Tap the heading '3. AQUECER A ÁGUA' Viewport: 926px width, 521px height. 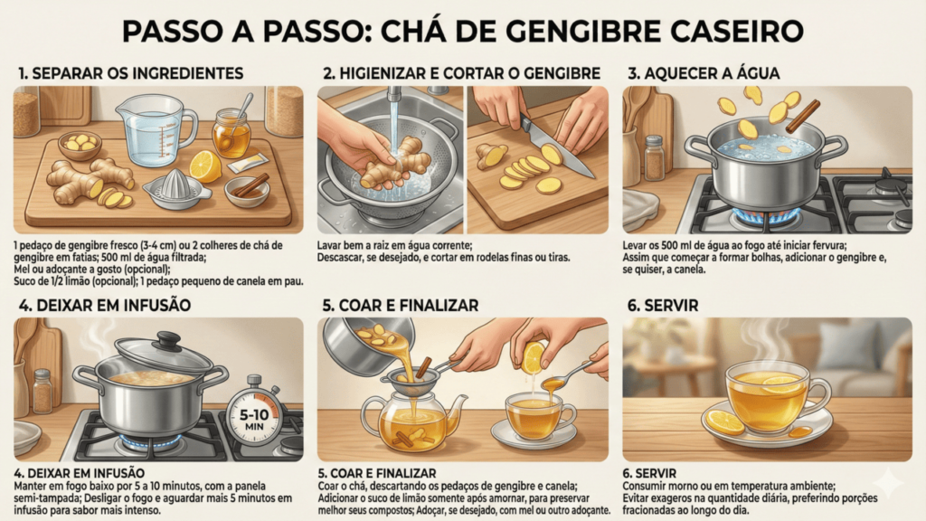point(704,73)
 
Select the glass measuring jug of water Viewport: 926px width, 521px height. point(156,130)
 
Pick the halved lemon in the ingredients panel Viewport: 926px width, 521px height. point(205,166)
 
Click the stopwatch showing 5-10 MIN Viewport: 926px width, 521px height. point(254,414)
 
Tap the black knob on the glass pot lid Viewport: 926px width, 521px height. point(167,340)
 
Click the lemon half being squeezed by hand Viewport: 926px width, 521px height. point(534,357)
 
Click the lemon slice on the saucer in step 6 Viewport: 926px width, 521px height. point(724,422)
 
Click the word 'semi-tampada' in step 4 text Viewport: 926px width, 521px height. point(40,498)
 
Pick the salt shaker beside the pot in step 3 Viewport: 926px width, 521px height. point(653,157)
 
